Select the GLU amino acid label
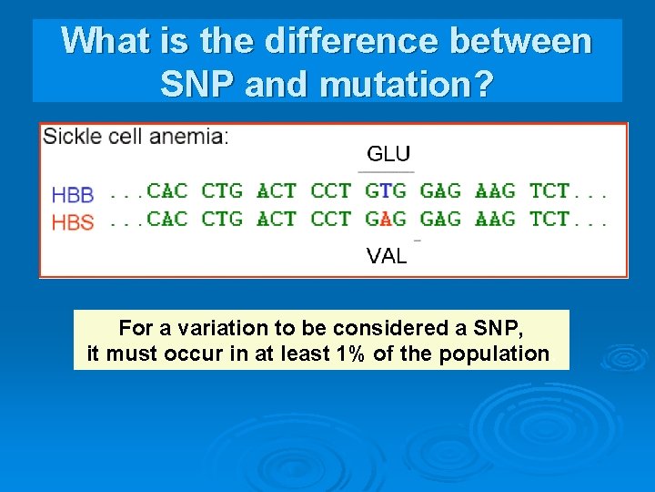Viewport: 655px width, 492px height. point(388,154)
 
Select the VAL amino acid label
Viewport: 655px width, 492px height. point(387,256)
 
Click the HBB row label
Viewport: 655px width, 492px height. point(73,194)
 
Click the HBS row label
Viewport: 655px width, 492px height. point(73,221)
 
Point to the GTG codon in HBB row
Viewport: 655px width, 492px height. point(386,191)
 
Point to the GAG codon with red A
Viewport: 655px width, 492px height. point(386,219)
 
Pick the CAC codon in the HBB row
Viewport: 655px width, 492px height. point(167,191)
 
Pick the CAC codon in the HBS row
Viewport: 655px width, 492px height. point(167,219)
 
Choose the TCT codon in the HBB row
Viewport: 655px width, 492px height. point(549,191)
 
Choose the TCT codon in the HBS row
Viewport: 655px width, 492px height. point(549,219)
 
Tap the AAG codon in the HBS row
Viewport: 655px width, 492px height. point(495,219)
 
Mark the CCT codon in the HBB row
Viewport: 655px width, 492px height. point(331,191)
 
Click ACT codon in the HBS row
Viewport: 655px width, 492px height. point(277,219)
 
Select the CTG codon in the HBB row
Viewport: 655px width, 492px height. point(222,191)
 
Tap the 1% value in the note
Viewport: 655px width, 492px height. point(351,354)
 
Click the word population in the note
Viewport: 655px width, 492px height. point(495,354)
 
